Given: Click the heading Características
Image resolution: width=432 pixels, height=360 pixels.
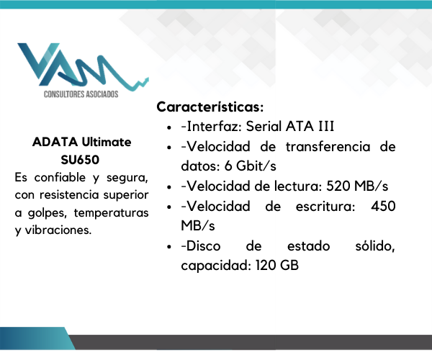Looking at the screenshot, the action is [x=210, y=107].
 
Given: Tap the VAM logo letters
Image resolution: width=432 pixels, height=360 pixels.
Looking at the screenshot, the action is [x=83, y=67].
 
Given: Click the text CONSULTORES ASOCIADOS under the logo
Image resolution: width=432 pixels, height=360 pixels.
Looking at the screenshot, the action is [x=81, y=94].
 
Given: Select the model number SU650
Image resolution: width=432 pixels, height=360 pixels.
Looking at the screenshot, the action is [x=80, y=160].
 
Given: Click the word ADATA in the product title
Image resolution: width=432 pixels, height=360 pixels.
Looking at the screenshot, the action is [x=55, y=142].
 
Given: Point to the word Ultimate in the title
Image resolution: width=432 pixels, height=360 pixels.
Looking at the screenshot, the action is [x=107, y=142].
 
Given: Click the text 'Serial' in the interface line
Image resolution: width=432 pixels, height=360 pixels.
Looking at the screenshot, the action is [x=264, y=127].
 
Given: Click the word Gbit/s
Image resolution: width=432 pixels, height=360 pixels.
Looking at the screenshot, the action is [x=256, y=166].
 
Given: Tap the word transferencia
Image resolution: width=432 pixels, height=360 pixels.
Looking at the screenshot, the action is [x=328, y=146].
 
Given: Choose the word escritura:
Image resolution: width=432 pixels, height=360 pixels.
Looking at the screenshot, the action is [x=325, y=206].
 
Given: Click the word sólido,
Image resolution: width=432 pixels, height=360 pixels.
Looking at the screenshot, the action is [x=375, y=246].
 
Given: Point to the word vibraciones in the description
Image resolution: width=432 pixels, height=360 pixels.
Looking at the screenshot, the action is [x=58, y=230].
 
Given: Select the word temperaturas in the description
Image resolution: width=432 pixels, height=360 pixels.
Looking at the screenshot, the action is [x=111, y=213].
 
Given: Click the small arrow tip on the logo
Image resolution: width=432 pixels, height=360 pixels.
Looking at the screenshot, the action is [x=148, y=78].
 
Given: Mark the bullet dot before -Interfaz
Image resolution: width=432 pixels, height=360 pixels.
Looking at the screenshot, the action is [x=169, y=127].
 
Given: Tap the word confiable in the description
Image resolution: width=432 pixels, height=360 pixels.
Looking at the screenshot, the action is [x=60, y=177].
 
